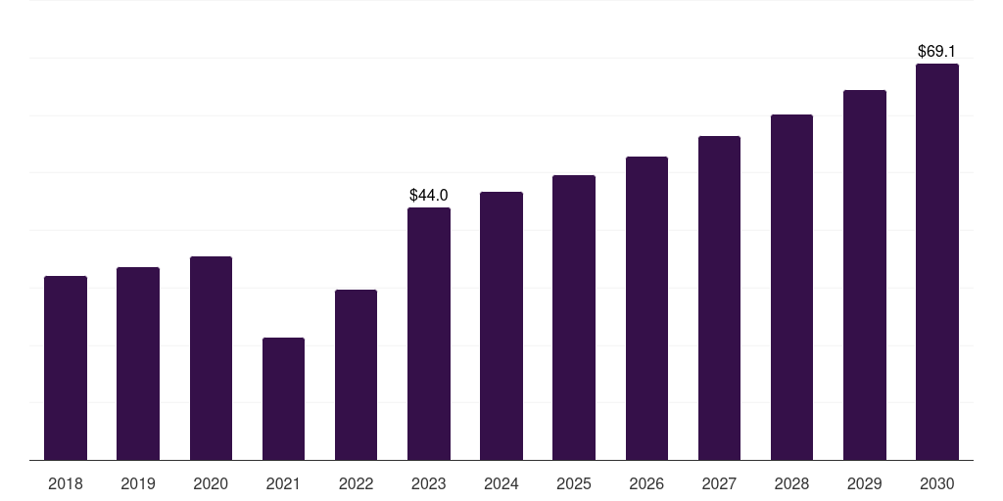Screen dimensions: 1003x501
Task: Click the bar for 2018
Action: click(66, 368)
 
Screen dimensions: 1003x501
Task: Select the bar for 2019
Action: click(138, 364)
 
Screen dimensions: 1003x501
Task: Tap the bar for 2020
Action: click(212, 358)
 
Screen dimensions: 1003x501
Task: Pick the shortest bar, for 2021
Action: click(283, 399)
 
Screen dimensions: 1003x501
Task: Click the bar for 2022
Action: click(356, 375)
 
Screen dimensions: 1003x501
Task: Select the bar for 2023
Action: click(429, 334)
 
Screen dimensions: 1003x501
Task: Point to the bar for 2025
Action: click(574, 318)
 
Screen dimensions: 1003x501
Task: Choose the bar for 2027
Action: click(719, 297)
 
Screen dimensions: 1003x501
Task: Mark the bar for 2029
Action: click(865, 275)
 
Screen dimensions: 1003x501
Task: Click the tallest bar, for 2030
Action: click(937, 262)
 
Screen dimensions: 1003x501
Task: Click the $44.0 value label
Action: click(429, 195)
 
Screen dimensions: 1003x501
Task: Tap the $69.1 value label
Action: click(936, 51)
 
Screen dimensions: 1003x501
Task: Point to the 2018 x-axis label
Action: click(66, 483)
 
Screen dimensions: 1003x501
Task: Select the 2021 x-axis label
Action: click(283, 483)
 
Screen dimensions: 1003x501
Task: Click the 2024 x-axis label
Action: click(501, 483)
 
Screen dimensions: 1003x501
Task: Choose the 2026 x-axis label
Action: click(646, 483)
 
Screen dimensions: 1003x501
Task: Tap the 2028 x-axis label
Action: click(791, 483)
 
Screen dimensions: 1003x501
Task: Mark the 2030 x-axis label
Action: click(937, 483)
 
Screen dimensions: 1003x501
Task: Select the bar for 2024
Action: click(501, 326)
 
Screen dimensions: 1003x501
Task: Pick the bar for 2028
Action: click(791, 288)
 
